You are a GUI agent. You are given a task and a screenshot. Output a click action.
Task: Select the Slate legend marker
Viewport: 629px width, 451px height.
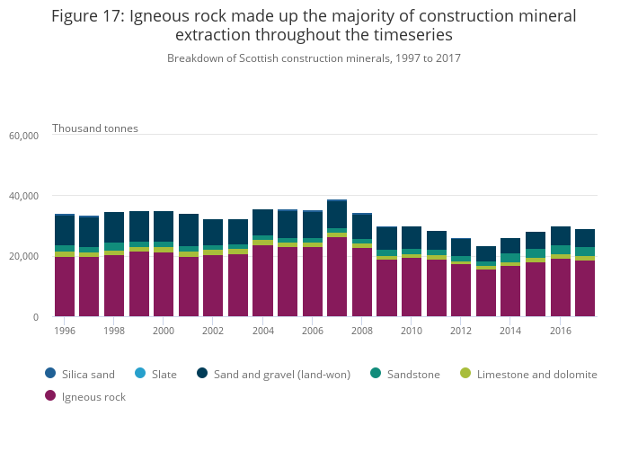[x=158, y=374]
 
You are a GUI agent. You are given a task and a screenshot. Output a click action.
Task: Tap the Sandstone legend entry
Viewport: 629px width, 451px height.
[x=403, y=374]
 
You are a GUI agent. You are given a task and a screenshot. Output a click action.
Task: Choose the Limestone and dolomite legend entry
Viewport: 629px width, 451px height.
[x=528, y=374]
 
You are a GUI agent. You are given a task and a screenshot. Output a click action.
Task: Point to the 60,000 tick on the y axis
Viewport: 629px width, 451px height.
[x=23, y=136]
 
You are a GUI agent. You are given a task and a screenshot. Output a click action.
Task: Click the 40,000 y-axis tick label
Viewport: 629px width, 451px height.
[x=23, y=196]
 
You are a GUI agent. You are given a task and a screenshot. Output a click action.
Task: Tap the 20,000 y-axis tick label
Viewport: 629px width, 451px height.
[x=23, y=257]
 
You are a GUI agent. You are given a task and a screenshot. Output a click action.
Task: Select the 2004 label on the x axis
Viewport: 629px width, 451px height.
[x=262, y=331]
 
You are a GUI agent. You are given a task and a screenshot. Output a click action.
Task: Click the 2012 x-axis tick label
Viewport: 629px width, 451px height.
[x=461, y=331]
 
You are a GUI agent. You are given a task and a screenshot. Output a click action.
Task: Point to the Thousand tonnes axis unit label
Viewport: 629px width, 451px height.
[x=95, y=128]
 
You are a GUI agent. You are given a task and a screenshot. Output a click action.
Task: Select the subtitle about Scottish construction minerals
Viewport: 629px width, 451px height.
[x=314, y=58]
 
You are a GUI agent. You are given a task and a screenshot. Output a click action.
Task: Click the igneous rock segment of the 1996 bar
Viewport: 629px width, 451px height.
[x=65, y=287]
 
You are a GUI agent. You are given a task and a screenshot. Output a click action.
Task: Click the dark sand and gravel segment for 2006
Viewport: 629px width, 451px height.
[x=313, y=225]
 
